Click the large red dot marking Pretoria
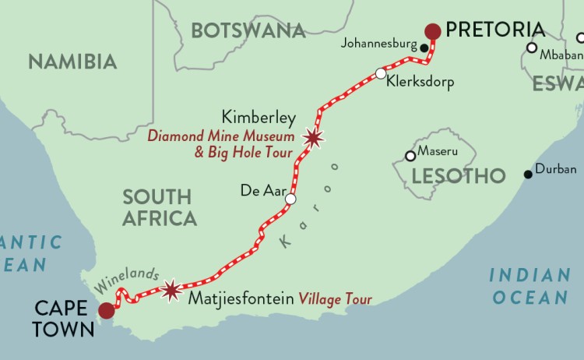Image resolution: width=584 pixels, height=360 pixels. click(433, 31)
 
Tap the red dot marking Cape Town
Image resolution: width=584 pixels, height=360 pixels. click(106, 311)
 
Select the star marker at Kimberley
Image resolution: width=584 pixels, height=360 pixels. click(313, 138)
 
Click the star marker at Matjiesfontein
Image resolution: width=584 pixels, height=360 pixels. click(171, 290)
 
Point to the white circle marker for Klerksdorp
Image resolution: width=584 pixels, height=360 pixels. click(380, 74)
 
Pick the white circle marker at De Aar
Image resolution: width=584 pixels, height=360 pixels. click(290, 199)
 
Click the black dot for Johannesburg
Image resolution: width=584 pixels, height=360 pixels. click(424, 48)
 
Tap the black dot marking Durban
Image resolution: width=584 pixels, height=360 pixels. click(529, 174)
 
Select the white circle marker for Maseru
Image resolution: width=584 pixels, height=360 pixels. click(410, 156)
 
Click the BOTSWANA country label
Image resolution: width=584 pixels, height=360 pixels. click(248, 30)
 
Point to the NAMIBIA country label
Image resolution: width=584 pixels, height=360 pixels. click(72, 61)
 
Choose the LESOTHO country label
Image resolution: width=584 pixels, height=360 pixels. click(459, 176)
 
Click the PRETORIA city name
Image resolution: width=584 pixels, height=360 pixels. click(495, 30)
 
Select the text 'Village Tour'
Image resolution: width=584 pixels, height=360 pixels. click(338, 298)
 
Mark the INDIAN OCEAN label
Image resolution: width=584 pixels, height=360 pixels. click(529, 286)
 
